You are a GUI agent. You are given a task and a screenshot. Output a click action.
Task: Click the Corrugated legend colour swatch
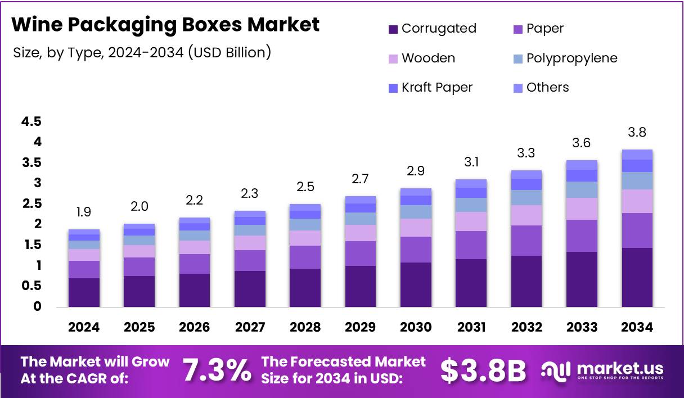click(393, 29)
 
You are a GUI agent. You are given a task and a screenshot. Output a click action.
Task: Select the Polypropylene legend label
click(571, 58)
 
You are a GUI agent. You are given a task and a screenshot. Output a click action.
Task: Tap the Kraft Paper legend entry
click(437, 88)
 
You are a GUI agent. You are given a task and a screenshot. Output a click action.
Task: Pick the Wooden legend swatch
click(393, 58)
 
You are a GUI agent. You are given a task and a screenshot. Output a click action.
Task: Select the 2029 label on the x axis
click(361, 327)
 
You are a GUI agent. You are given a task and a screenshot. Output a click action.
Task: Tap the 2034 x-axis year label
click(637, 327)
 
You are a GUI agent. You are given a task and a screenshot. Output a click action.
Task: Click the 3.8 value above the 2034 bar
click(637, 133)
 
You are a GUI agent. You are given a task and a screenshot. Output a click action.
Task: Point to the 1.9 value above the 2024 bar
click(84, 212)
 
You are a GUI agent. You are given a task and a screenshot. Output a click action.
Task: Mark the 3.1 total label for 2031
click(471, 162)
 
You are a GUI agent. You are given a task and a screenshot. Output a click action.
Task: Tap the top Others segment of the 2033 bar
click(582, 165)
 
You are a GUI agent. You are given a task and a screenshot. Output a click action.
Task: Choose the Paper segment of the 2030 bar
click(416, 249)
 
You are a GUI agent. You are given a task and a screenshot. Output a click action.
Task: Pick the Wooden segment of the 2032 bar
click(526, 215)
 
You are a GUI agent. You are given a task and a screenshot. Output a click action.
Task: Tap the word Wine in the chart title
click(35, 25)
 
